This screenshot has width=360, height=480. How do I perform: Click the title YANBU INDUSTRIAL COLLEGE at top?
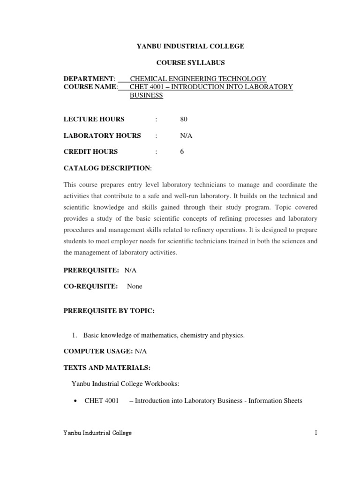click(190, 46)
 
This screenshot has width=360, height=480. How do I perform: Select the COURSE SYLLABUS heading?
click(190, 62)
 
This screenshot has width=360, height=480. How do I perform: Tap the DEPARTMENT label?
click(89, 79)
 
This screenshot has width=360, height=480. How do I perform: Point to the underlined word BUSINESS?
click(146, 95)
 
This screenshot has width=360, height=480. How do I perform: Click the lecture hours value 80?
click(183, 120)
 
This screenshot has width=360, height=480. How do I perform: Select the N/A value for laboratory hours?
click(186, 135)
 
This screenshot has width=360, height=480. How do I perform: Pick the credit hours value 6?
click(182, 151)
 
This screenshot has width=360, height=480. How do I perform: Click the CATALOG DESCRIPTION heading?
click(107, 168)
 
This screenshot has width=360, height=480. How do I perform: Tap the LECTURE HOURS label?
click(94, 120)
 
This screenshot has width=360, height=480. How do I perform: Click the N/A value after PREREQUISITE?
click(130, 270)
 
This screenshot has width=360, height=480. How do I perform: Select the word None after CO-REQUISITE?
click(135, 286)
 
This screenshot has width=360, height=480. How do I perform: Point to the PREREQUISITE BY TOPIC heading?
click(109, 311)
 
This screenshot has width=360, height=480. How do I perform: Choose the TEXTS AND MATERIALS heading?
click(107, 367)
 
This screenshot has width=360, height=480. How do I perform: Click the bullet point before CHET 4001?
click(75, 401)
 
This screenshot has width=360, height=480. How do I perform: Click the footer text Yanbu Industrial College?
click(97, 433)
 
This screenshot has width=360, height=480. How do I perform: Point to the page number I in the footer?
click(316, 433)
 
